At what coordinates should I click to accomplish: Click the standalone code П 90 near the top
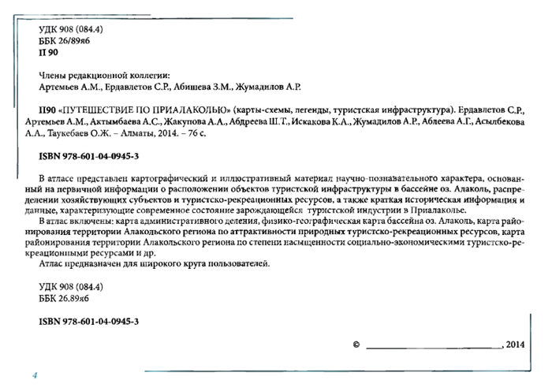48,51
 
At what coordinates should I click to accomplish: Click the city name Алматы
148,135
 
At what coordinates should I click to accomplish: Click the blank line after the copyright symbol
433,346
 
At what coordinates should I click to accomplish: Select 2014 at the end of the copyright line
515,344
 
